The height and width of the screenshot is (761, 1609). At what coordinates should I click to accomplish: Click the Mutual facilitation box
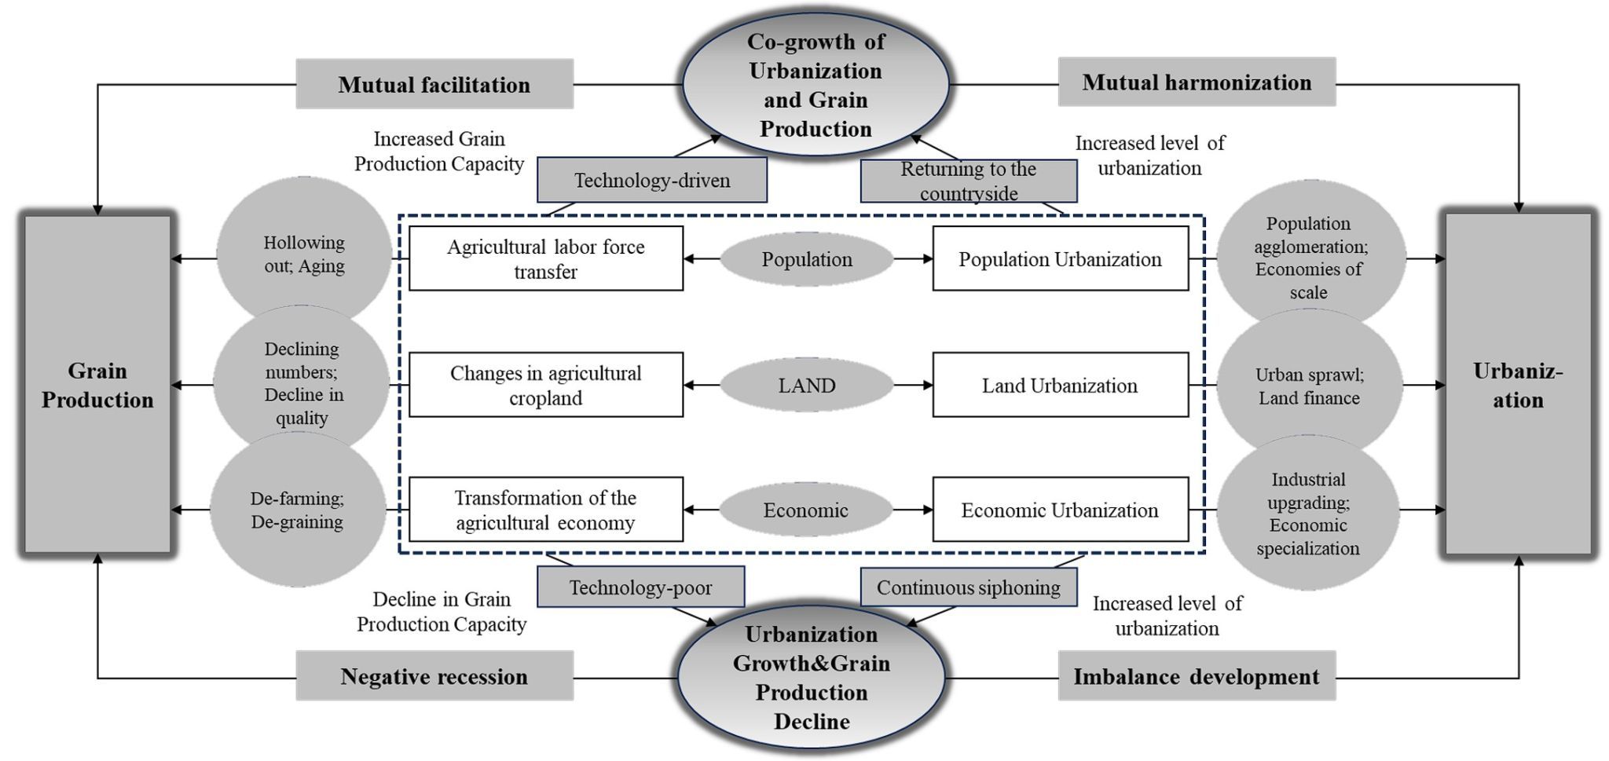coord(434,84)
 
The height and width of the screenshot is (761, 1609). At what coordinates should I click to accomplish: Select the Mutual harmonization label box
coord(1196,82)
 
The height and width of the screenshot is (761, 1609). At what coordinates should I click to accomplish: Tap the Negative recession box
coord(434,676)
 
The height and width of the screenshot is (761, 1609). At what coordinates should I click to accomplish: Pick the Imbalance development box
coord(1196,676)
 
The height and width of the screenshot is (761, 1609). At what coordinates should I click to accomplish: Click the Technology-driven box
coord(651,180)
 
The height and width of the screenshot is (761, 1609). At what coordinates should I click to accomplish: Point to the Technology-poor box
coord(640,587)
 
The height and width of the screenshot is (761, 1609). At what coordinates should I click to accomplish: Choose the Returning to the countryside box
coord(968,181)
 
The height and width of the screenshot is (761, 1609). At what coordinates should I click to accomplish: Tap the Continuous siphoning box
coord(968,587)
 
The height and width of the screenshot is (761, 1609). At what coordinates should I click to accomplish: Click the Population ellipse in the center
coord(806,259)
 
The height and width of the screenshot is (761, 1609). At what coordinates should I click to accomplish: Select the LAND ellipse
coord(806,385)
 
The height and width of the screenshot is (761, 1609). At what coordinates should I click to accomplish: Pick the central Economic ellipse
coord(805,510)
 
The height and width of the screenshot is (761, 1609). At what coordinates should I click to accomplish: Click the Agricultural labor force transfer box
coord(545,259)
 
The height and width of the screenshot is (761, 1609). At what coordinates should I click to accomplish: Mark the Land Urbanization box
coord(1060,385)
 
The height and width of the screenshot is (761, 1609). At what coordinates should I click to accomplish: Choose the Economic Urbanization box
coord(1060,510)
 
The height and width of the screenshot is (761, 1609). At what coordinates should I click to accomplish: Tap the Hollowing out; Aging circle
coord(304,254)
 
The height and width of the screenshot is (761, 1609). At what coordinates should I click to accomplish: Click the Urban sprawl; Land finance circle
coord(1309,386)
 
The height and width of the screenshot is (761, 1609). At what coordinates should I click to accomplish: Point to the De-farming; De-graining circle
coord(297,510)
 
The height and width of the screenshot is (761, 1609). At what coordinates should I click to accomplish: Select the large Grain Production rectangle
coord(97,385)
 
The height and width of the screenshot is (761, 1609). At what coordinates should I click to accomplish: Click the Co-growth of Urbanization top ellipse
coord(815,84)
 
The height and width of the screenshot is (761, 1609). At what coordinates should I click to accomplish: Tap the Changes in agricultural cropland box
coord(545,385)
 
